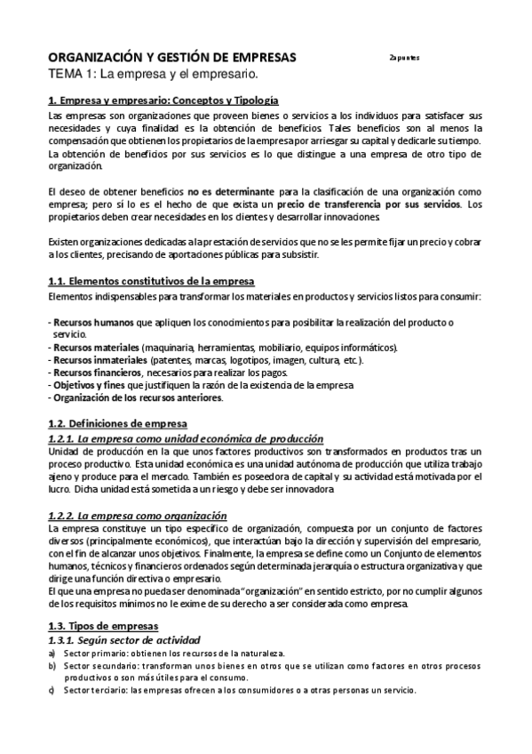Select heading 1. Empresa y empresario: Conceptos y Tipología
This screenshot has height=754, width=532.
point(163,101)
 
